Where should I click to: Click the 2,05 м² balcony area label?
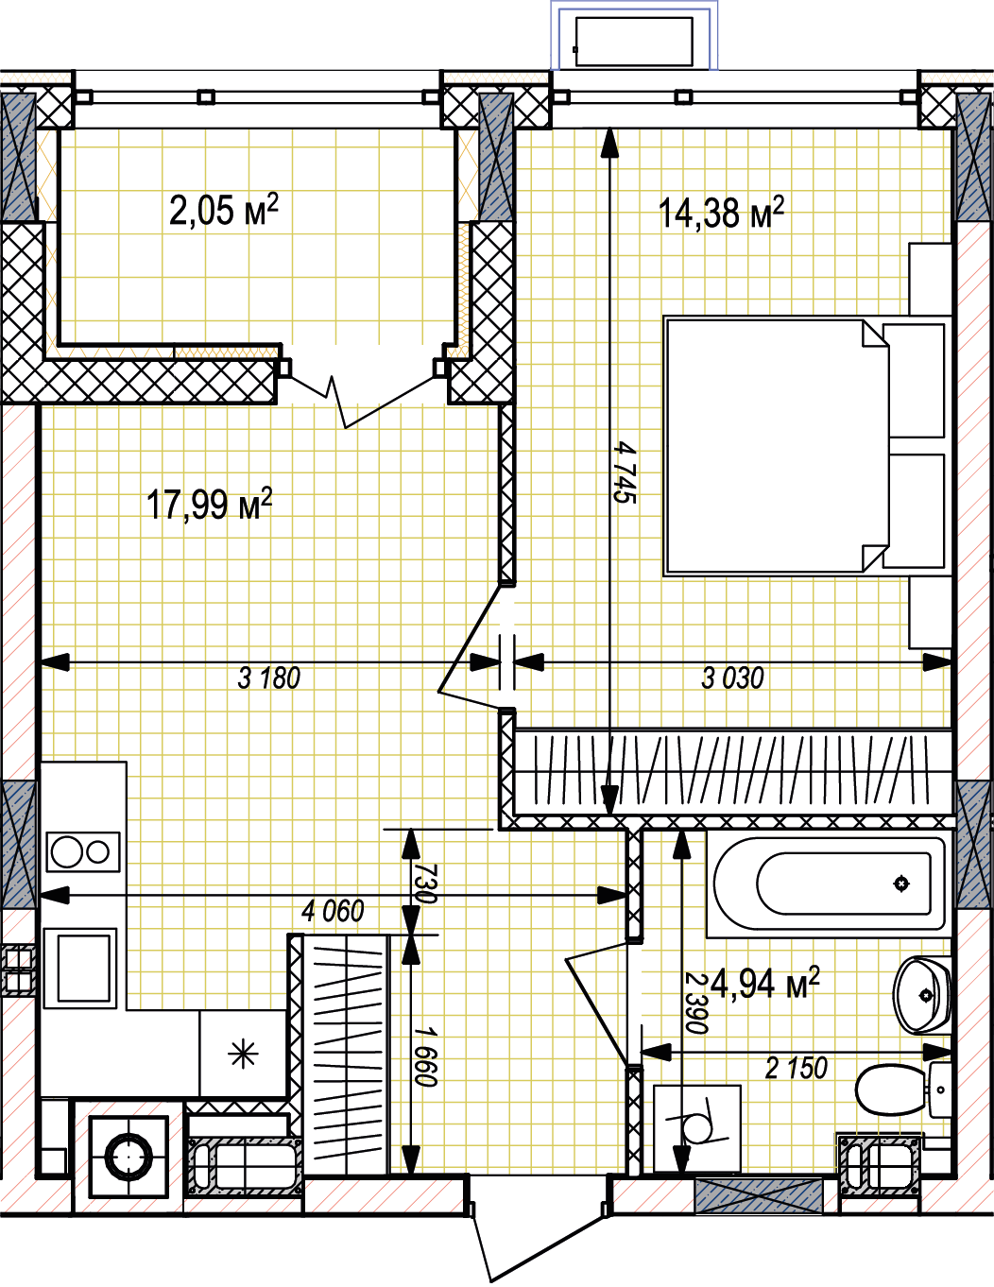tap(223, 210)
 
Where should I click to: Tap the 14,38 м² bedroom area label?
tap(721, 213)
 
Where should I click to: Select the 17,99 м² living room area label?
tap(209, 504)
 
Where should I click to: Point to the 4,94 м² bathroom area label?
tap(764, 984)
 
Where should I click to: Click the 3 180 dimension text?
tap(268, 678)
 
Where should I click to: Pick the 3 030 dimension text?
tap(732, 678)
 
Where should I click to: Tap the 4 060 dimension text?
tap(333, 912)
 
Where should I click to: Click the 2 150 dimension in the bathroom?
tap(796, 1068)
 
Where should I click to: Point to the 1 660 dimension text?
tap(425, 1056)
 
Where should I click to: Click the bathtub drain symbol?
tap(901, 884)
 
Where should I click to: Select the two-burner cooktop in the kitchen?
tap(83, 852)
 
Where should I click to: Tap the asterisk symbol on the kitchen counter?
tap(244, 1055)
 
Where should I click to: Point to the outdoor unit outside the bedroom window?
tap(634, 42)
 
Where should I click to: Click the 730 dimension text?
tap(425, 884)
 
